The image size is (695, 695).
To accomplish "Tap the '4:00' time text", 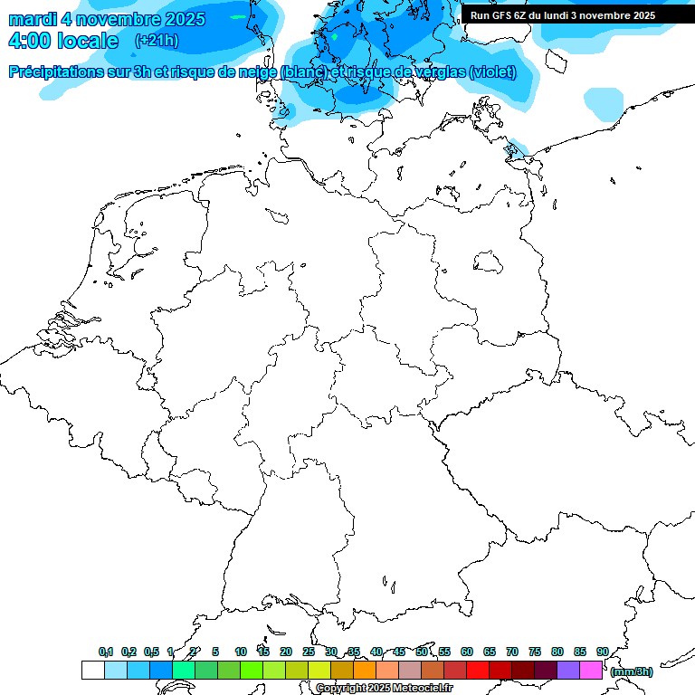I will click(x=28, y=41).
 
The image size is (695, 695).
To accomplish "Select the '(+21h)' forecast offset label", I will click(x=156, y=41).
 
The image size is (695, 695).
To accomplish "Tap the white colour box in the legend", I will click(x=92, y=670).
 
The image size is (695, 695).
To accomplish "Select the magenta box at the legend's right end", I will click(x=591, y=670).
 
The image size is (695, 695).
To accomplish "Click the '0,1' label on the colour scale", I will click(x=106, y=652).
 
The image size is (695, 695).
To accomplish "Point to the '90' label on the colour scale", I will click(x=603, y=652).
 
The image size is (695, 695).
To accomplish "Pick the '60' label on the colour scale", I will click(x=467, y=652).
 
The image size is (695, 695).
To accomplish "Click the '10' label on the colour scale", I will click(x=241, y=652).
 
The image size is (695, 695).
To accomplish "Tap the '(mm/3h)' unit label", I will click(x=632, y=671).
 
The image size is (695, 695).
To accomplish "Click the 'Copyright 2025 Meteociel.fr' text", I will click(x=384, y=688).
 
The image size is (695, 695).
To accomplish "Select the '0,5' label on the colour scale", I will click(x=151, y=652).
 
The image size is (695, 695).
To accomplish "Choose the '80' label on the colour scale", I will click(x=557, y=652).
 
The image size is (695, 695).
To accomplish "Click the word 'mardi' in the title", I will click(x=33, y=19).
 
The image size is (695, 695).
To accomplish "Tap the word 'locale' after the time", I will click(x=88, y=41).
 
